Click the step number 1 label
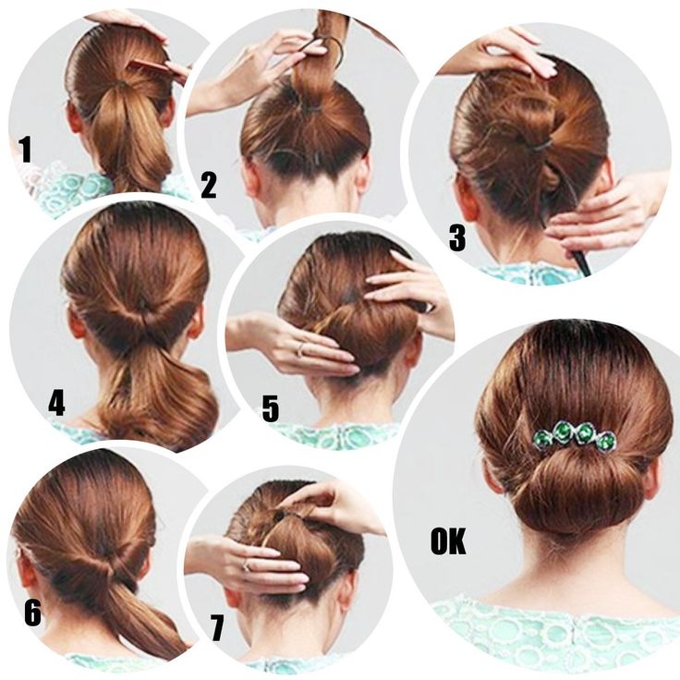pos(26,149)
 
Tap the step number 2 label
pos(209,185)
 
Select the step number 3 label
pos(457,237)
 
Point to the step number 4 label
pos(56,403)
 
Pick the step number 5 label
pos(270,408)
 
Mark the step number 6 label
pos(32,613)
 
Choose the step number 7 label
pos(217,627)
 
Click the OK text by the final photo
pos(448,540)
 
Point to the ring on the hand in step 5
pos(300,350)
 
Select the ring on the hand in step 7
pos(246,565)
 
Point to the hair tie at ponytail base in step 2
pos(309,107)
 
